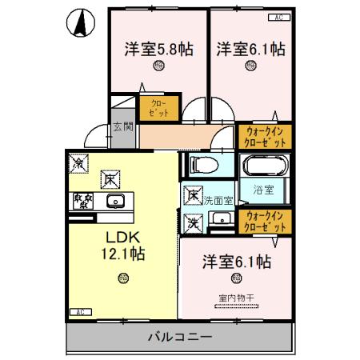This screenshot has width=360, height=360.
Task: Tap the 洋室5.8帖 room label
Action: click(158, 49)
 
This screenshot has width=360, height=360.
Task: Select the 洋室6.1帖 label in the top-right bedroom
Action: click(250, 49)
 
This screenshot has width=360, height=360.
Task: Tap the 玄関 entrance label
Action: click(122, 126)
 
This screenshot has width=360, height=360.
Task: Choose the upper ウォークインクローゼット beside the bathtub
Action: click(264, 137)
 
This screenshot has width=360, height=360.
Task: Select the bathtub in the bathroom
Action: click(264, 167)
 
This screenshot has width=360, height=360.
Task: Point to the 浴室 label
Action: click(264, 190)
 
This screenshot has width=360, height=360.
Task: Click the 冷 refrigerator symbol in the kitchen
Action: click(79, 162)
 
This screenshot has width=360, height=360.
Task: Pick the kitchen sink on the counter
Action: click(114, 201)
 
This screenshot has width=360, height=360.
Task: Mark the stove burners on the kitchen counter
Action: click(82, 201)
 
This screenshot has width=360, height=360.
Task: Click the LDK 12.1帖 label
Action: click(121, 245)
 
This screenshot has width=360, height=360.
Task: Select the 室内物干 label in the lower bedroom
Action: click(235, 298)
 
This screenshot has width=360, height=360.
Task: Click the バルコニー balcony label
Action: click(179, 337)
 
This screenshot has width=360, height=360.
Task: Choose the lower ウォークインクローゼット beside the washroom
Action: click(264, 222)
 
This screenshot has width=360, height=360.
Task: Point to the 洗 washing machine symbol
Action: click(192, 222)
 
